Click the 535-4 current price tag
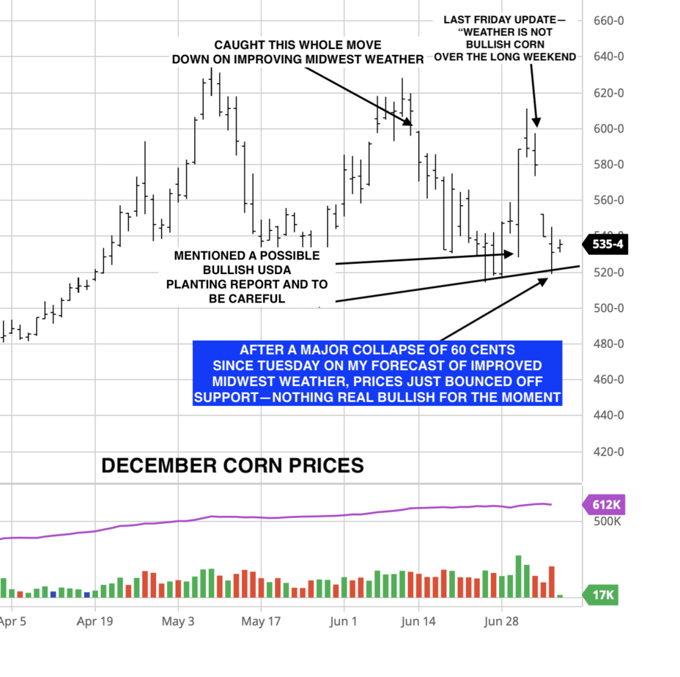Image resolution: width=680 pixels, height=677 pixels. coord(607,245)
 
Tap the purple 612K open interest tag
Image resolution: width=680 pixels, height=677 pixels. coord(606,504)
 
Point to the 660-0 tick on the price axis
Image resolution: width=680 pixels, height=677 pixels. coord(609,21)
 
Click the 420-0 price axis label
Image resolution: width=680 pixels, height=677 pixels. coord(609,452)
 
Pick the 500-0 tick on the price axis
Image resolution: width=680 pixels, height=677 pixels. coord(609,308)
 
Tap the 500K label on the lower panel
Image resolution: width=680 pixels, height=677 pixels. coord(606,522)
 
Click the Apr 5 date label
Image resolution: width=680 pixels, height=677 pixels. coord(12,622)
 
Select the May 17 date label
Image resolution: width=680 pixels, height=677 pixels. coord(262,622)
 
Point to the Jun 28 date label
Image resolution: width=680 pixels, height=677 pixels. coord(502,622)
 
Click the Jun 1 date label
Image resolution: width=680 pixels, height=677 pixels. coord(344,622)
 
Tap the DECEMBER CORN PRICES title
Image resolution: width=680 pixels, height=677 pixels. coord(232,465)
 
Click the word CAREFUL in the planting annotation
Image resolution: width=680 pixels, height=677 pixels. coord(257,299)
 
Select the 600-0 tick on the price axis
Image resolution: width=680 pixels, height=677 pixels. coord(609,129)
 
